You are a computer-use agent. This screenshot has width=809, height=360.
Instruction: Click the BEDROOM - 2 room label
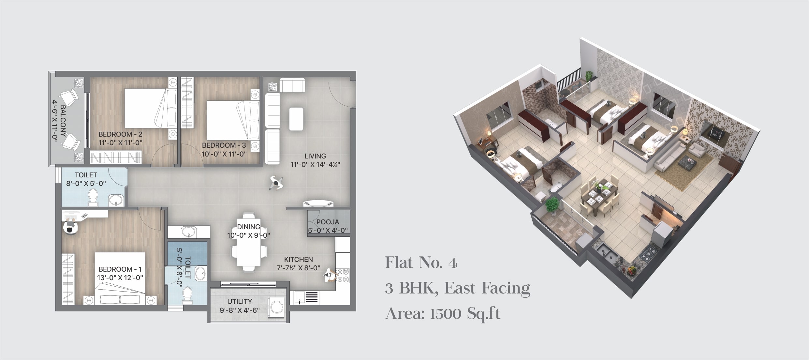tap(120, 134)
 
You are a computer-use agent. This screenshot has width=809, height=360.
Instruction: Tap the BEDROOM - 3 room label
tap(224, 145)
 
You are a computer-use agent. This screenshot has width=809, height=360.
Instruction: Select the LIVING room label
tap(315, 156)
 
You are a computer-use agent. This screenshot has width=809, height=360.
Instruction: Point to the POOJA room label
tap(328, 222)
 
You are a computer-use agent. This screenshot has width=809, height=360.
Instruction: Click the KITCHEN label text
tap(298, 260)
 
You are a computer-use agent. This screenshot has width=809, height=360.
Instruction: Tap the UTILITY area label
tap(240, 302)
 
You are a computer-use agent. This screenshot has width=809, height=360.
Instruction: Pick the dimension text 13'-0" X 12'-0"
tap(120, 278)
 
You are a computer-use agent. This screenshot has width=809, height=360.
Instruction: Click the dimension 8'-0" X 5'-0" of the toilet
tap(86, 184)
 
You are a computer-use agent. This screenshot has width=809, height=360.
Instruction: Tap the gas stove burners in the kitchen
tap(343, 276)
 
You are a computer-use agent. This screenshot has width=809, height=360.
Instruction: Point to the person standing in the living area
tap(276, 183)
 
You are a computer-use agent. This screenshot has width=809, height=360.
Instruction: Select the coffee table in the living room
tap(296, 119)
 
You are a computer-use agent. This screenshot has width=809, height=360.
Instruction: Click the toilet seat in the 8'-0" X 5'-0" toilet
tap(93, 197)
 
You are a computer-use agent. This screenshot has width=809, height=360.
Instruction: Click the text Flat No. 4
tap(421, 263)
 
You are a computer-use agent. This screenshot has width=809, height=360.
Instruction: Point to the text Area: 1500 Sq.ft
tap(443, 314)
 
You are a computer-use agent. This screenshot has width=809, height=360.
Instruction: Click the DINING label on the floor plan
tap(248, 227)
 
